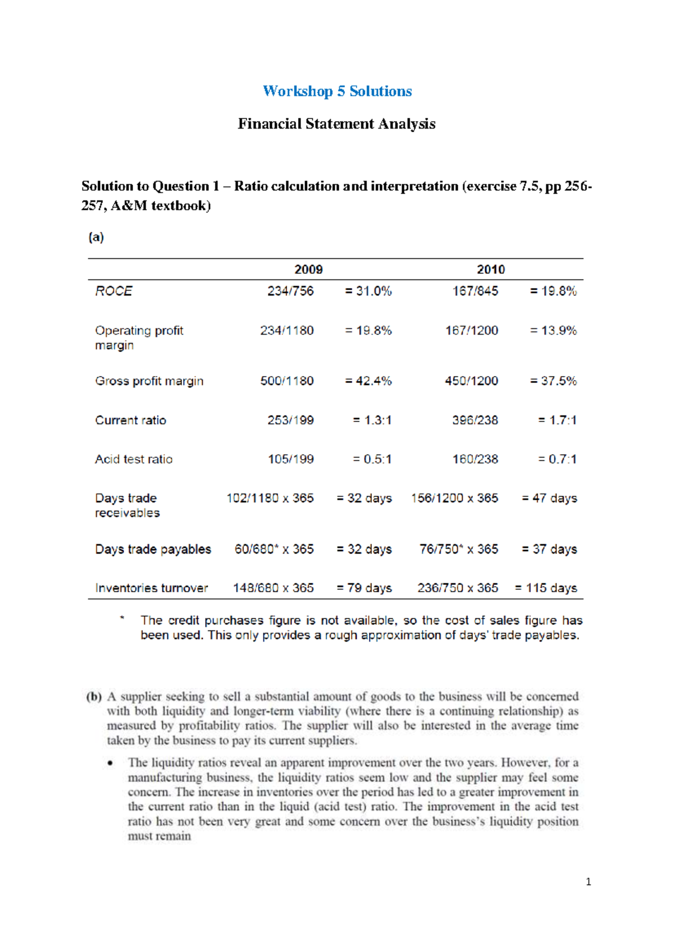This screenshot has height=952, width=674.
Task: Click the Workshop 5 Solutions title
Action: (337, 91)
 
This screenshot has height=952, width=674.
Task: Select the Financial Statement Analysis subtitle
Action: (336, 123)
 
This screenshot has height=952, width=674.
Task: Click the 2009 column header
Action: (308, 269)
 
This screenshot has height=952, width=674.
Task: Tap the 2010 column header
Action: (490, 269)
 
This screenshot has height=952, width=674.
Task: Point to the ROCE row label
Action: (113, 291)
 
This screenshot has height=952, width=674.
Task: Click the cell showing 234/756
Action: (290, 291)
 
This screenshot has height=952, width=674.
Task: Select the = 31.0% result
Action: (368, 291)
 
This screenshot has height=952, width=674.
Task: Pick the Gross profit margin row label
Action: (149, 381)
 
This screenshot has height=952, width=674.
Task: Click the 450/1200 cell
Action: (471, 381)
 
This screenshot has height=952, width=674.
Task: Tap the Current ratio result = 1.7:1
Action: (557, 420)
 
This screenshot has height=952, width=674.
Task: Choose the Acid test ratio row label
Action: (134, 459)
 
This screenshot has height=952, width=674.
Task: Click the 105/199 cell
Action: (290, 459)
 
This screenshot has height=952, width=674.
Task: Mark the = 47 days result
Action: (549, 498)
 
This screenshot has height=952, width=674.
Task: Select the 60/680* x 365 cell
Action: (274, 549)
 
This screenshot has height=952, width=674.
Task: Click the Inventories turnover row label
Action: (151, 588)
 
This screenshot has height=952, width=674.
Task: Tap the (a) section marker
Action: (96, 237)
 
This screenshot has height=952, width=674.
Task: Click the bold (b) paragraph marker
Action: (94, 697)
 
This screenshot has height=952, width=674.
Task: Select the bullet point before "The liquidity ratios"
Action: (111, 763)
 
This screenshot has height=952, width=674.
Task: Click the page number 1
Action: (588, 882)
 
